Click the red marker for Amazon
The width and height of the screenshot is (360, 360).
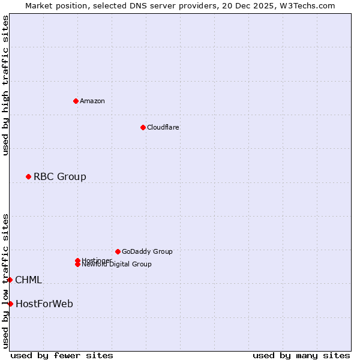pyautogui.click(x=76, y=101)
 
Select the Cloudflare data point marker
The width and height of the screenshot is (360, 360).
pyautogui.click(x=143, y=127)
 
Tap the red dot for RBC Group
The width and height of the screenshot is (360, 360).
pyautogui.click(x=28, y=176)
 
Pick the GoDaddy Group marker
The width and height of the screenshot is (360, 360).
pyautogui.click(x=118, y=251)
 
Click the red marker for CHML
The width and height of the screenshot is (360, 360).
pyautogui.click(x=10, y=280)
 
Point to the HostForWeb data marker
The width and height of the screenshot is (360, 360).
pyautogui.click(x=10, y=304)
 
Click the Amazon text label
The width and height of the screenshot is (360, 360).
pyautogui.click(x=92, y=101)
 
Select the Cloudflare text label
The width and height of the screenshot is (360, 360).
pyautogui.click(x=163, y=127)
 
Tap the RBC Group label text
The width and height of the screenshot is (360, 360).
pyautogui.click(x=59, y=176)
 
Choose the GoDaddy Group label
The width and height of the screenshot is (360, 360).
pyautogui.click(x=147, y=251)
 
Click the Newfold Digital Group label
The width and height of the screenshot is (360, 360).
pyautogui.click(x=116, y=265)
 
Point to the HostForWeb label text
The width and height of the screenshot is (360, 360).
pyautogui.click(x=44, y=304)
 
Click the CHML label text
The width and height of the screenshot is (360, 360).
pyautogui.click(x=28, y=280)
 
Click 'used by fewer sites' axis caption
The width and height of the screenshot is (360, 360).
pyautogui.click(x=62, y=355)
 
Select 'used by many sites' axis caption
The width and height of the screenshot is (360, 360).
pyautogui.click(x=301, y=355)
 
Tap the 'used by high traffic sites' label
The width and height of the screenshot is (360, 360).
pyautogui.click(x=5, y=85)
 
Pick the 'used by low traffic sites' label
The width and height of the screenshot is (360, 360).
pyautogui.click(x=5, y=281)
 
